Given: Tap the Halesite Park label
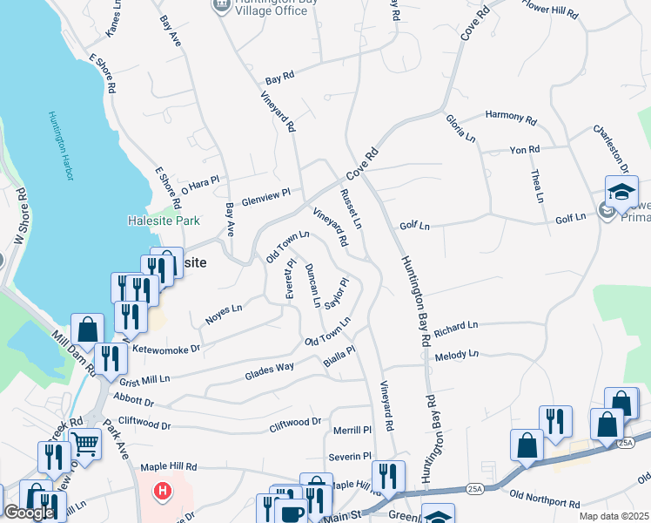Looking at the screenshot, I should pos(163,221).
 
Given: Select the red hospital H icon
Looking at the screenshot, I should pos(161,491).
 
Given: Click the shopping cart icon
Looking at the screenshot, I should pos(84,445).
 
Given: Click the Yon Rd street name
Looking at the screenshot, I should pos(525,150).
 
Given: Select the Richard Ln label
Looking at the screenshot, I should pos(457,325).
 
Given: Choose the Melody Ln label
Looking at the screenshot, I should pos(457,355).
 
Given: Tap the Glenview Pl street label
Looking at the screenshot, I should pos(265,197).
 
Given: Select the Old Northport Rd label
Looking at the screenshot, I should pos(545,498).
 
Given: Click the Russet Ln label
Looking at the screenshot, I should pos(351,208).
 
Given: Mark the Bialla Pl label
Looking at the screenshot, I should pos(339,357).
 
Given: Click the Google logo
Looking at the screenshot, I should pos(29,513).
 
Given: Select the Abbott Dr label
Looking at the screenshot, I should pos(133,402).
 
